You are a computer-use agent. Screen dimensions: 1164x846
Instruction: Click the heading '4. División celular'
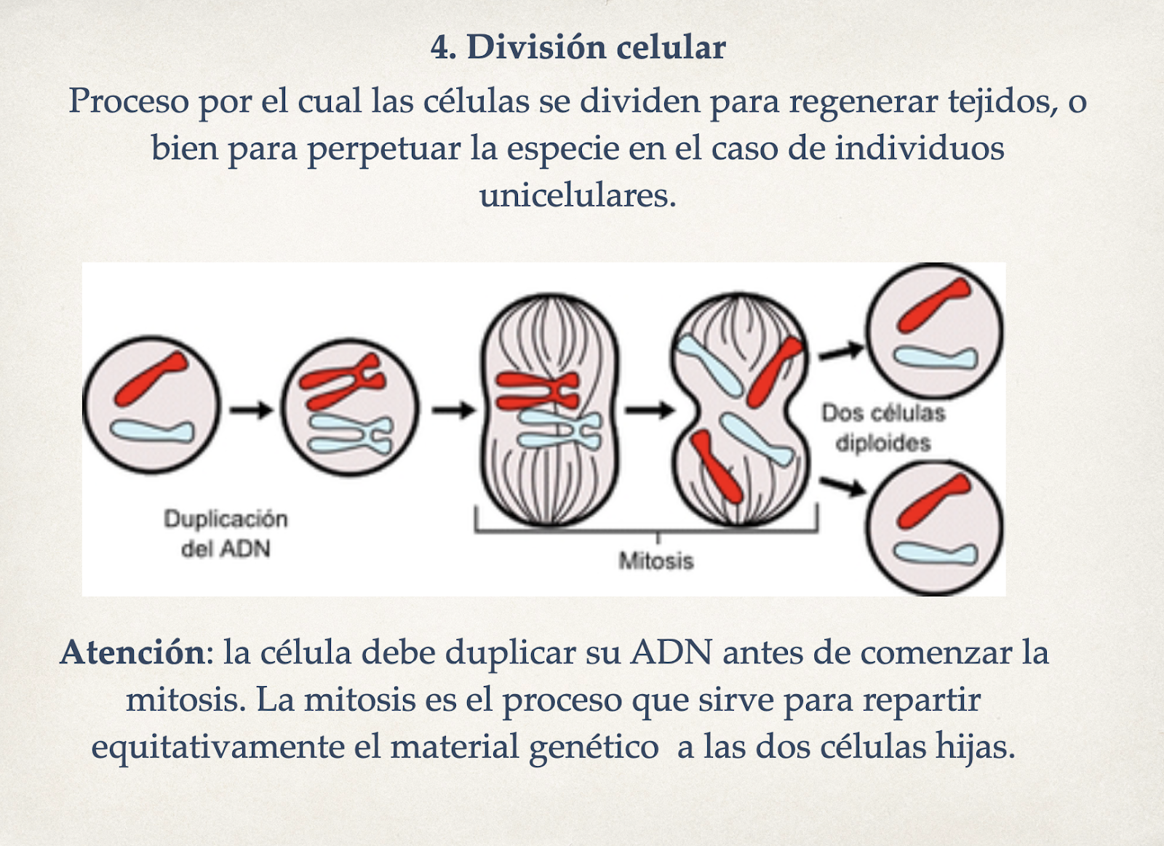pyautogui.click(x=578, y=47)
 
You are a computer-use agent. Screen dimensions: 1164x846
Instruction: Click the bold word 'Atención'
pyautogui.click(x=132, y=652)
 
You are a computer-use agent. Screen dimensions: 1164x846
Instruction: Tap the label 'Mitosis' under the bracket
pyautogui.click(x=656, y=561)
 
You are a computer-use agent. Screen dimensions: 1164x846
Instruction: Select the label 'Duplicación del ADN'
pyautogui.click(x=226, y=533)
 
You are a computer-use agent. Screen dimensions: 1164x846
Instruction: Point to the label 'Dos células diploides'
pyautogui.click(x=883, y=428)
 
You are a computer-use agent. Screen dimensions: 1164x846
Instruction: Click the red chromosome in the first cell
pyautogui.click(x=151, y=378)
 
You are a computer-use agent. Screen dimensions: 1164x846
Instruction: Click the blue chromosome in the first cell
pyautogui.click(x=152, y=431)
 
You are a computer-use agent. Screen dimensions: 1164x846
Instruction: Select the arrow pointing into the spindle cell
pyautogui.click(x=453, y=410)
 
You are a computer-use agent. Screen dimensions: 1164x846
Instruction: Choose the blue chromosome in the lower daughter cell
pyautogui.click(x=936, y=554)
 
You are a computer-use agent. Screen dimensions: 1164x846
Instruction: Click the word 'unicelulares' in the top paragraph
pyautogui.click(x=578, y=195)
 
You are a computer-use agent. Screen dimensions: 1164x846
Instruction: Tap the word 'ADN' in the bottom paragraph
pyautogui.click(x=671, y=652)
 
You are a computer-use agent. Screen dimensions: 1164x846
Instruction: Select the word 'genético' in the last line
pyautogui.click(x=593, y=747)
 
